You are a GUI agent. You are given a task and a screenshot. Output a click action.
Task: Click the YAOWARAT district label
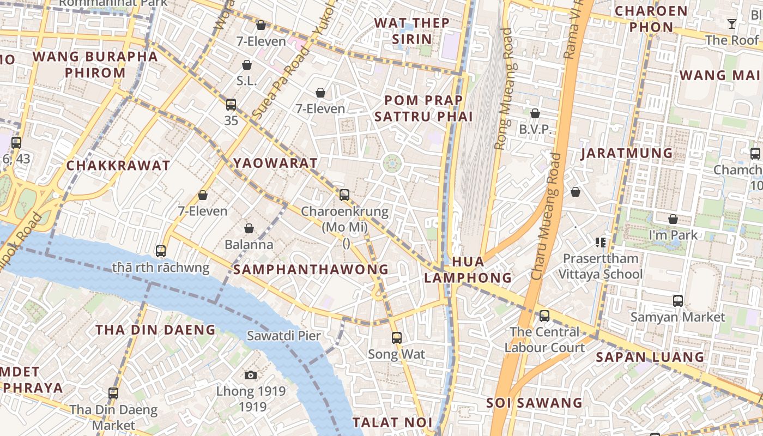275,163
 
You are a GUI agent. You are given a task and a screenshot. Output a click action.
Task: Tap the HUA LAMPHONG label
468,270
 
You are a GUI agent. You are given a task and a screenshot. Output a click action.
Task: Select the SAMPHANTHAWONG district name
311,269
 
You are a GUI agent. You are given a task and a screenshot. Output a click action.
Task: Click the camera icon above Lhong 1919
251,375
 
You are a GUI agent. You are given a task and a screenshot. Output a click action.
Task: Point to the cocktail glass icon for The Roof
731,24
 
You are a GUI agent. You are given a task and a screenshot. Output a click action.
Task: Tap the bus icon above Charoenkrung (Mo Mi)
344,195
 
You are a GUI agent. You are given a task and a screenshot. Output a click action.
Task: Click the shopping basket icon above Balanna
249,228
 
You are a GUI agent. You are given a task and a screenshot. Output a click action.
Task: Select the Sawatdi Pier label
284,336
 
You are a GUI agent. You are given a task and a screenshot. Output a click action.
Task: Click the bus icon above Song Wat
397,338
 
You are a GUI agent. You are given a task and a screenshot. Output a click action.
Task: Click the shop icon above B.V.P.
535,113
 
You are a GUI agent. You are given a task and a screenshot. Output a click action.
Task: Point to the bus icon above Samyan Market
678,301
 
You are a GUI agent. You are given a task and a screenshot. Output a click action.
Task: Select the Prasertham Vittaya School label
601,266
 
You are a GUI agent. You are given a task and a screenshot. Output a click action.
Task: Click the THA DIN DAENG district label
156,330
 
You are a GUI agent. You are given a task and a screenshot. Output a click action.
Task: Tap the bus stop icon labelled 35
231,105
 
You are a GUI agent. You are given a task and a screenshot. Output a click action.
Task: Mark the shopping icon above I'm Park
673,219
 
